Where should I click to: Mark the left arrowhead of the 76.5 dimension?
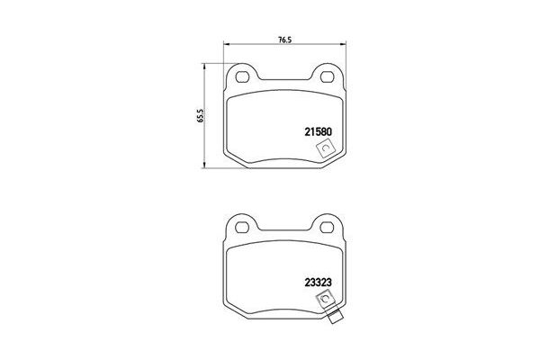pos(225,48)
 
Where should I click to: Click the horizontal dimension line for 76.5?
pos(261,48)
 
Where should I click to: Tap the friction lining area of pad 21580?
pos(270,126)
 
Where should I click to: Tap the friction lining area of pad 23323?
pos(270,274)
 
